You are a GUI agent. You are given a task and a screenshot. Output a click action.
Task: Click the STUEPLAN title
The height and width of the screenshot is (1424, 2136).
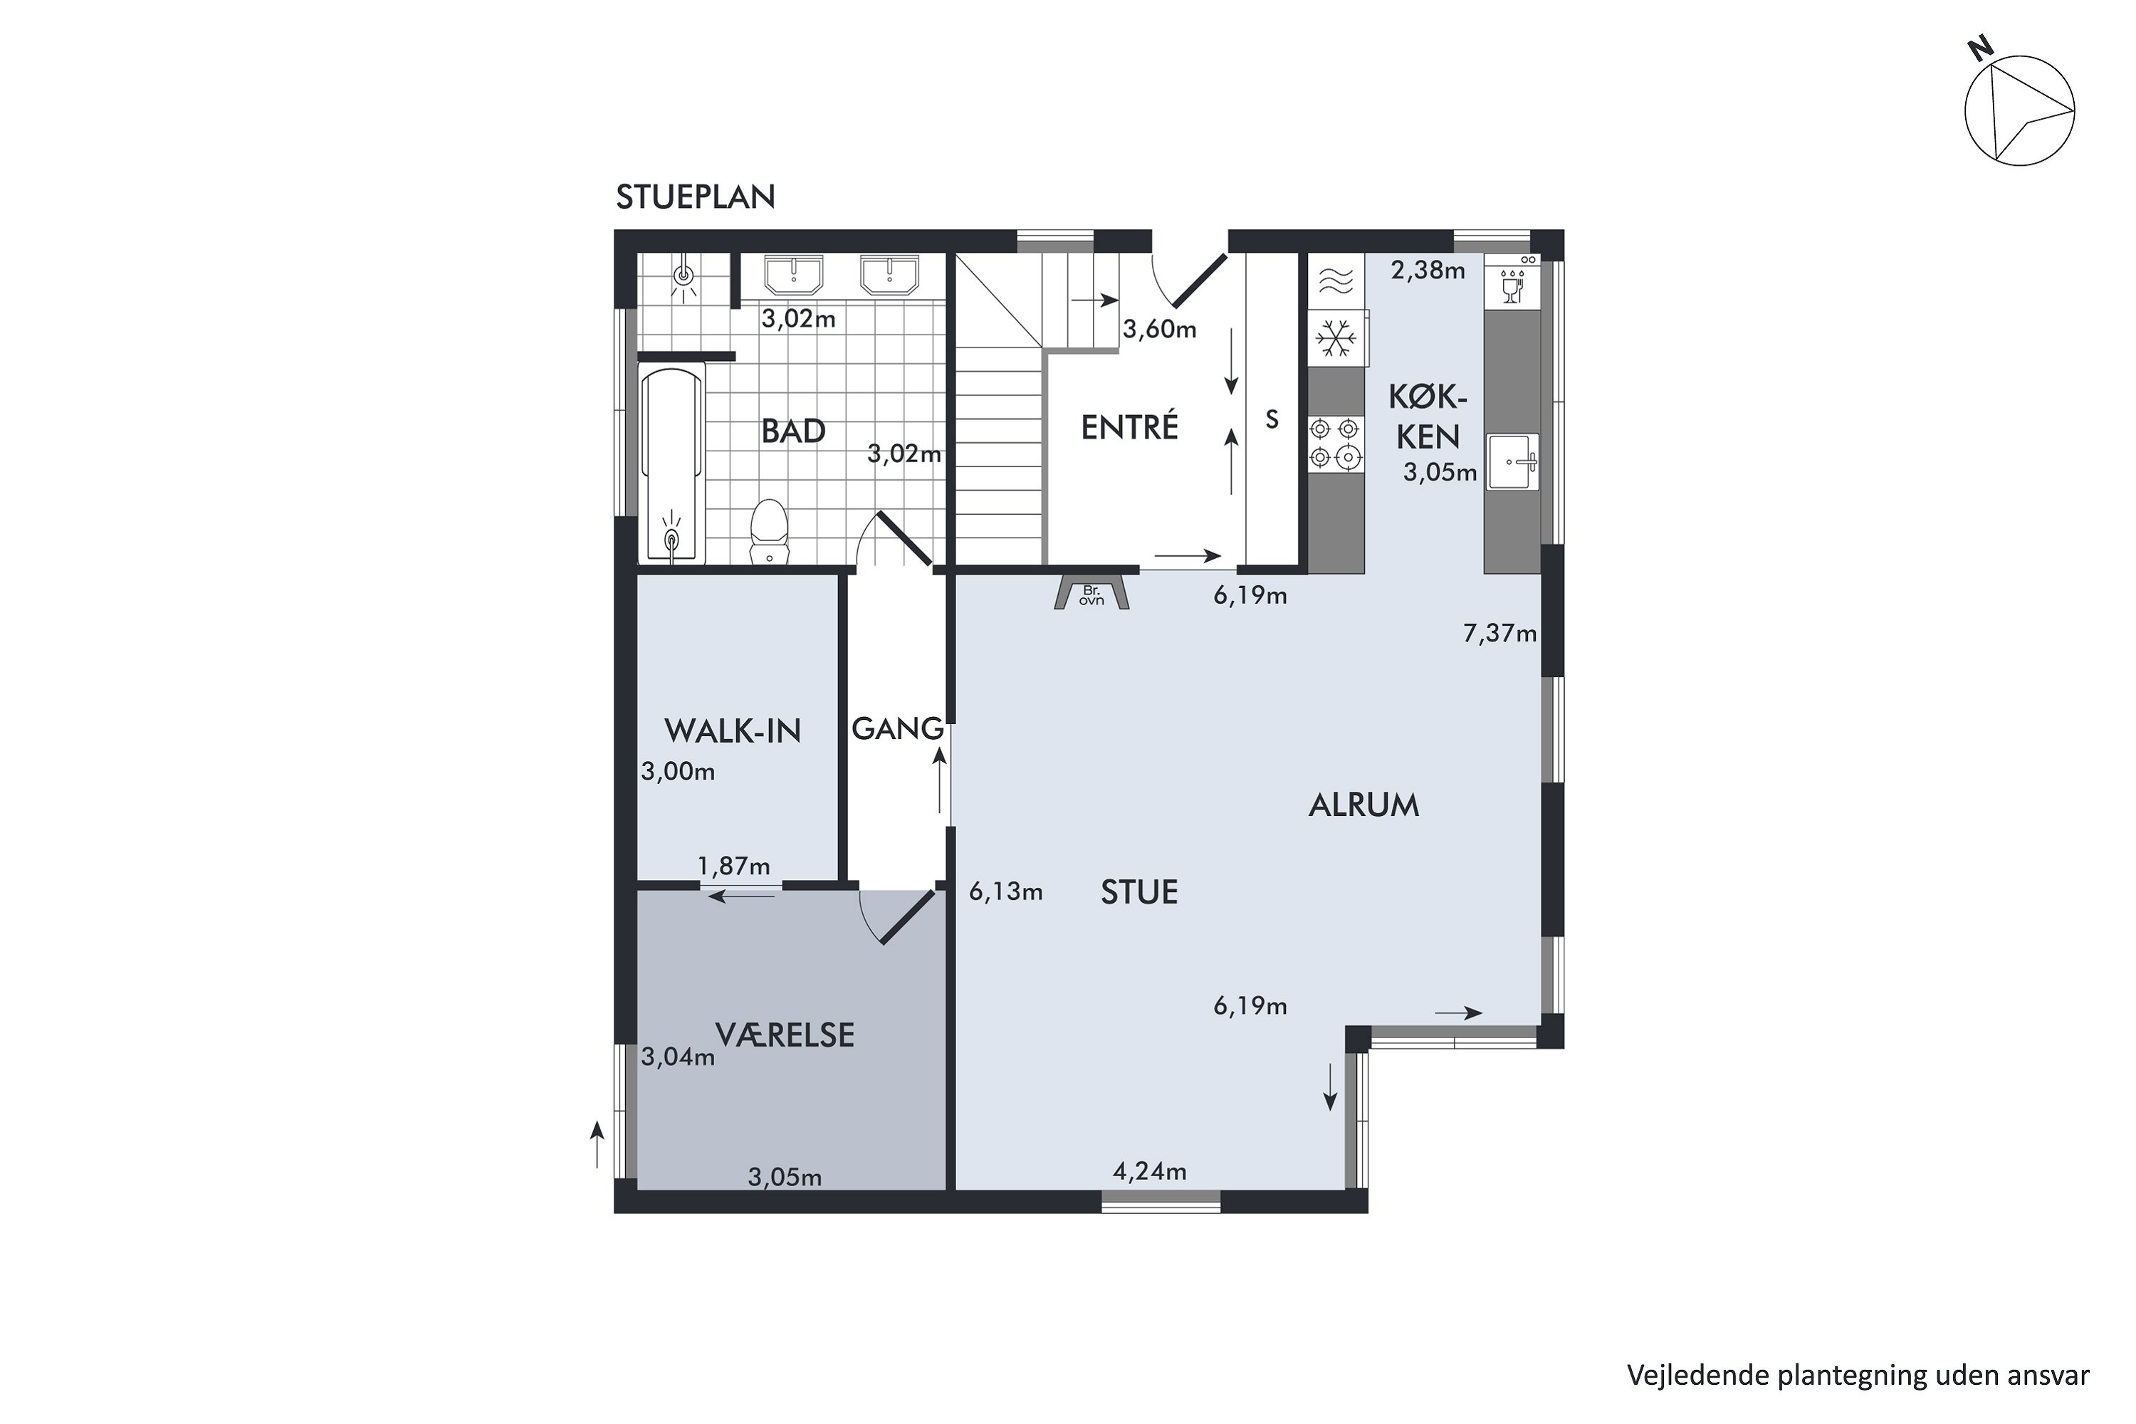tap(696, 197)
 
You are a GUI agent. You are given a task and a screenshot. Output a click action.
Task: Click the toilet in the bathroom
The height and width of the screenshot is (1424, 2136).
tap(769, 531)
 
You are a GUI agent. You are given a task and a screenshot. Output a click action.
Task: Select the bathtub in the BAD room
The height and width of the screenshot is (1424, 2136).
tap(672, 464)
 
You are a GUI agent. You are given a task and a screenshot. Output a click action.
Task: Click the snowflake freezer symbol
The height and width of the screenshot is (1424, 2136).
tap(1336, 337)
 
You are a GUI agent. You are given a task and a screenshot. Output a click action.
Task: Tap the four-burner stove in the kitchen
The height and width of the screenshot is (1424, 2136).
tap(1336, 444)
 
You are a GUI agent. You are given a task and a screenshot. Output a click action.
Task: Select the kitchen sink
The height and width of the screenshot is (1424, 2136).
tap(1513, 462)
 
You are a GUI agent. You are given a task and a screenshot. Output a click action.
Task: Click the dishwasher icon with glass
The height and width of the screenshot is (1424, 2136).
tap(1512, 281)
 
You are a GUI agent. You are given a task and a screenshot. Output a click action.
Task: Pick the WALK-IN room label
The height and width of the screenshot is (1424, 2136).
tap(733, 731)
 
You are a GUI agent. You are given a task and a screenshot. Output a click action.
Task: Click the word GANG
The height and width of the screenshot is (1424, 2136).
tap(897, 728)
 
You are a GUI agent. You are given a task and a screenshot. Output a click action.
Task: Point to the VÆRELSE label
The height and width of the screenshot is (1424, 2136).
tap(785, 1035)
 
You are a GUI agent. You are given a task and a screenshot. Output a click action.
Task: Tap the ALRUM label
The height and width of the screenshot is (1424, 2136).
tap(1363, 805)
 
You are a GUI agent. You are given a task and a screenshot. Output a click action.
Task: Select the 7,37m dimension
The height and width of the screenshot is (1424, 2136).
tap(1499, 633)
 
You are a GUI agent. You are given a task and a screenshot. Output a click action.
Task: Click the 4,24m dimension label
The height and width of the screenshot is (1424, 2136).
tap(1150, 1171)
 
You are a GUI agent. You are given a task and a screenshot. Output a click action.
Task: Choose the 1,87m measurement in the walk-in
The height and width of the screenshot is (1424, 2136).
tap(734, 867)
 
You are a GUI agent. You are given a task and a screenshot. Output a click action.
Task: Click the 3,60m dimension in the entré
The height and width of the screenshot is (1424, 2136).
tap(1160, 329)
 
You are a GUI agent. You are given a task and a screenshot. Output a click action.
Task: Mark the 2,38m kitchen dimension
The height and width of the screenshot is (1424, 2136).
tap(1428, 270)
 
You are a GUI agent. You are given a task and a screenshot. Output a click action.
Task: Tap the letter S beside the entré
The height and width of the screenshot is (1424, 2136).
tap(1272, 419)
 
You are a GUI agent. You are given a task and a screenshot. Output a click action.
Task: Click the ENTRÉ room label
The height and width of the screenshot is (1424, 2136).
tap(1130, 426)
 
